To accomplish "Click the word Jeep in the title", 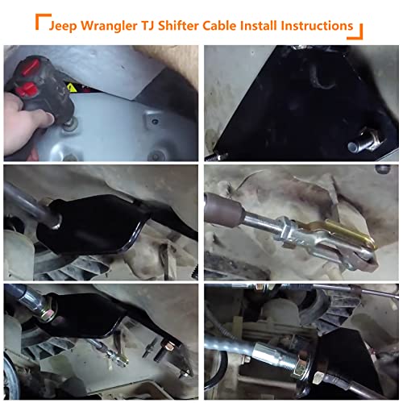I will tap(66, 25).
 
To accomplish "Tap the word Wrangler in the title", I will tap(117, 25).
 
